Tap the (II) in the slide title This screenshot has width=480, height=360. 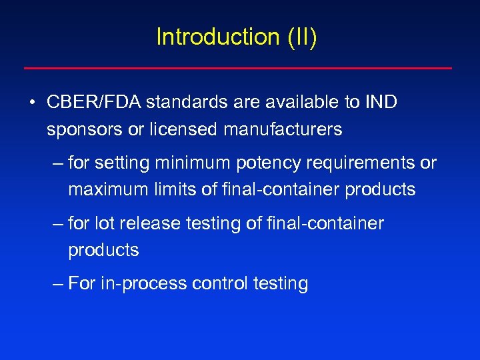303,37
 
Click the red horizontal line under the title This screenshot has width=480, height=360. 238,68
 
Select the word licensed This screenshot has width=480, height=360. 185,129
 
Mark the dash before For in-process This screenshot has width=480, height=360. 58,284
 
